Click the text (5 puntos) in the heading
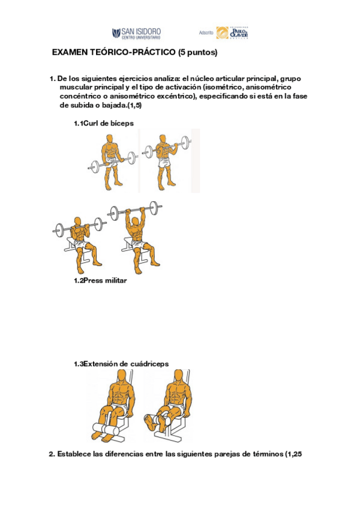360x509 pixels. click(197, 53)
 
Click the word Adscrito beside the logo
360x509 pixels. click(206, 33)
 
